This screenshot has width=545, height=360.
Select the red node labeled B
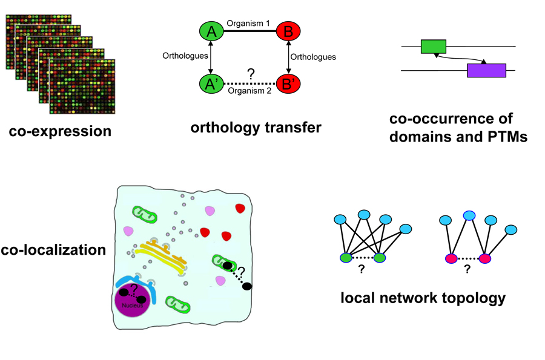click(289, 31)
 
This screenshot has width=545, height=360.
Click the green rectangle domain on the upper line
click(433, 46)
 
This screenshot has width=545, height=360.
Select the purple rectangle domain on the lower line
click(486, 70)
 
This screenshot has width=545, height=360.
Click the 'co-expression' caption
click(60, 130)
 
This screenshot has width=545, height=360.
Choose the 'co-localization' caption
click(54, 249)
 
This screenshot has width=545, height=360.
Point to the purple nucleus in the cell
click(134, 301)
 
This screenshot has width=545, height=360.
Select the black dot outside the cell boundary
click(246, 286)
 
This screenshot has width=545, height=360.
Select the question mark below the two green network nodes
click(362, 270)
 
